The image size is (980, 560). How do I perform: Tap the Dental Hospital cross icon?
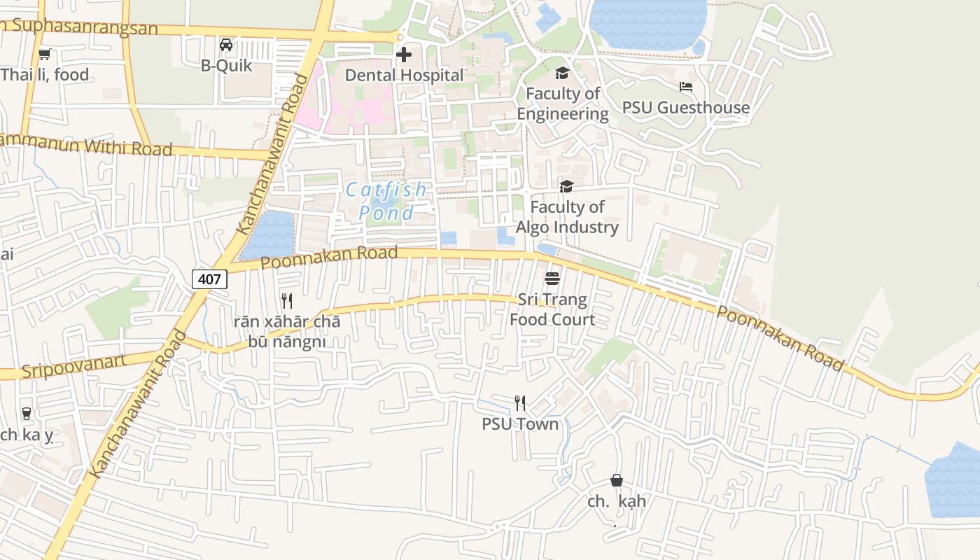404,55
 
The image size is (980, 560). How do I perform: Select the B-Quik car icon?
226,45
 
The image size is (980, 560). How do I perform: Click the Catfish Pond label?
386,201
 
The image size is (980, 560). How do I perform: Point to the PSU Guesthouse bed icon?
686,87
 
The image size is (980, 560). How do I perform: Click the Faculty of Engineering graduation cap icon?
562,73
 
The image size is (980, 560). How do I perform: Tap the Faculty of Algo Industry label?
567,217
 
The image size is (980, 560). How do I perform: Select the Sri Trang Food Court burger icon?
552,279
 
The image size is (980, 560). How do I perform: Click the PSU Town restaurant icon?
520,403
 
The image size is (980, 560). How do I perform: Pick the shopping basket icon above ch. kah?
617,480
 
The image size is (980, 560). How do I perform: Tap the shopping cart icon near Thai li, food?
45,54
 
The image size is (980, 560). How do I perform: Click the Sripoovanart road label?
73,366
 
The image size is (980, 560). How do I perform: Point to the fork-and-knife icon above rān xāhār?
286,301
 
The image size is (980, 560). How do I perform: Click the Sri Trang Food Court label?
552,309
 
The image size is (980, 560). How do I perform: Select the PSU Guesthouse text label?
686,108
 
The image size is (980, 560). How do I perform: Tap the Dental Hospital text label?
405,75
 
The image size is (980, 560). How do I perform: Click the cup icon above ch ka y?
27,414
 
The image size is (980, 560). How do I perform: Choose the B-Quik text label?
226,66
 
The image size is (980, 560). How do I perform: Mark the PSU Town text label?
520,424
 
